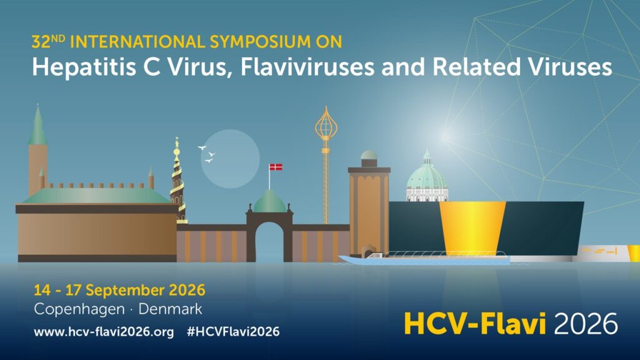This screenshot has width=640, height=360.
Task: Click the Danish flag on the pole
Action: coord(276,167)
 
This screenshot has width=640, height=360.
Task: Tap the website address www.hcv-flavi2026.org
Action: coord(104,331)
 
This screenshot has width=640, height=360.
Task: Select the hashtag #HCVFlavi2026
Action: coord(232,331)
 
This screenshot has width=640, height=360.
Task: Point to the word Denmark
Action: coord(170,309)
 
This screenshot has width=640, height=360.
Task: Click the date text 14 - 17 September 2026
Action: coord(119,290)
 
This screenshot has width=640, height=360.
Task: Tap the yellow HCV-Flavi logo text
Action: coord(475,323)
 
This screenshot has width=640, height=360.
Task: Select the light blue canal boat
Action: coord(425,257)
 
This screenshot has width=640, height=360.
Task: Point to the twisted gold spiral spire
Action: coord(177,178)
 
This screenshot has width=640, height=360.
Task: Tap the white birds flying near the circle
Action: coord(207,154)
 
